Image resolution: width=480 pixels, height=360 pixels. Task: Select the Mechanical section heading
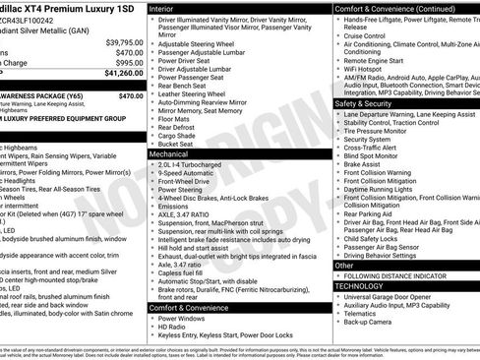pos(173,154)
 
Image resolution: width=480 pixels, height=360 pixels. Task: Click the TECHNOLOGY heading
pos(359,285)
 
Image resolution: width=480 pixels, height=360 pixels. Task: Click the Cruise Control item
pos(369,35)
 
